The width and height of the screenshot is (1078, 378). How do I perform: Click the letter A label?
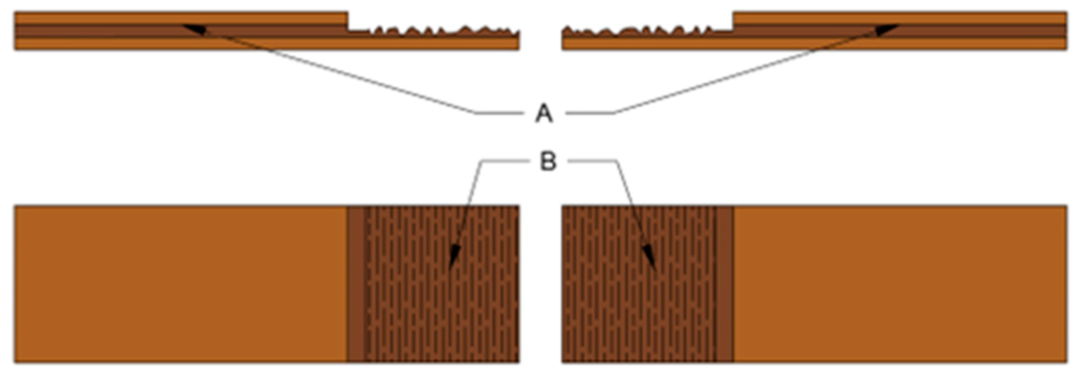pos(543,113)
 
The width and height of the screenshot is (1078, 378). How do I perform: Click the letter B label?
pos(548,161)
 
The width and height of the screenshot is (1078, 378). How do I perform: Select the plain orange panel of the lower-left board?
pos(180,284)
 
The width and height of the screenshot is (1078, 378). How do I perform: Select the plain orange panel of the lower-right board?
pos(900,284)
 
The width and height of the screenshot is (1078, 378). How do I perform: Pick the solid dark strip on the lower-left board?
pos(355,284)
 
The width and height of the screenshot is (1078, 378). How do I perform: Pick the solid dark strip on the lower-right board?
pos(725,284)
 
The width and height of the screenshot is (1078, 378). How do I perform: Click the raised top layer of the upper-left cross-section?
pos(180,18)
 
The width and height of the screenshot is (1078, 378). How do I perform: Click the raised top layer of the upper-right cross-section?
pos(900,18)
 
